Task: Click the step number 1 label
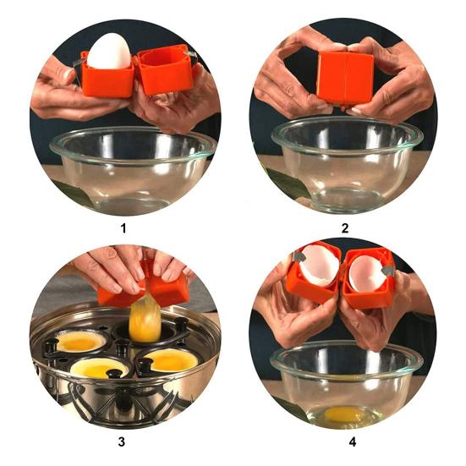point(123,228)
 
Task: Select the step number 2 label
point(345,228)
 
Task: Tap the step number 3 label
point(121,442)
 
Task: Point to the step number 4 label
point(352,442)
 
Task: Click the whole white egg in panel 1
point(109,50)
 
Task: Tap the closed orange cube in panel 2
point(345,78)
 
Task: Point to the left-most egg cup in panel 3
point(79,343)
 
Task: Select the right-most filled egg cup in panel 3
point(169,359)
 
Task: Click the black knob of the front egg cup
point(115,373)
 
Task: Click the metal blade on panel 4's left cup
point(298,256)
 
